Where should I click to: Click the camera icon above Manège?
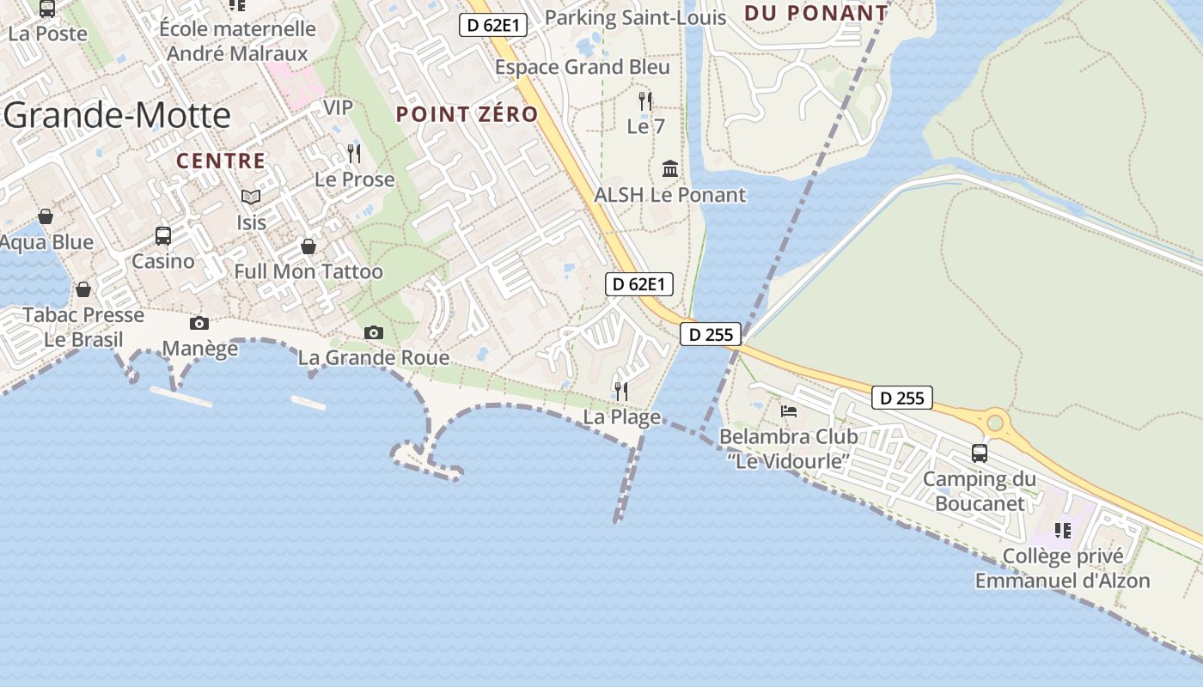point(199,323)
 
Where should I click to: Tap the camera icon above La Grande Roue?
point(374,332)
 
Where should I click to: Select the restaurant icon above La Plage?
point(621,392)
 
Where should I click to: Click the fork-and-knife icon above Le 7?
point(645,100)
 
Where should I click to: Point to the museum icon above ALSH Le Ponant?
point(670,168)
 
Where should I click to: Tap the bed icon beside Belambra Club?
point(789,410)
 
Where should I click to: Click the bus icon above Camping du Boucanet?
point(979,453)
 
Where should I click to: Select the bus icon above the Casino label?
point(162,235)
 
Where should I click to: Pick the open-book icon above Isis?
point(250,197)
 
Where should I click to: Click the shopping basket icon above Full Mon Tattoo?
point(308,246)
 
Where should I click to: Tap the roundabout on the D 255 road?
point(996,422)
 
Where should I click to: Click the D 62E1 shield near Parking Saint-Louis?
point(493,25)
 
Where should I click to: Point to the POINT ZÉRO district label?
point(467,114)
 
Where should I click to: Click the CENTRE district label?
point(221,161)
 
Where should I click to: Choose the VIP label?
point(338,107)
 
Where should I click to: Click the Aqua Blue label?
point(47,242)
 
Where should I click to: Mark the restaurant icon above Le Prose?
point(353,153)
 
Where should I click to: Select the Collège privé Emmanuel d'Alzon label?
point(1062,568)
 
